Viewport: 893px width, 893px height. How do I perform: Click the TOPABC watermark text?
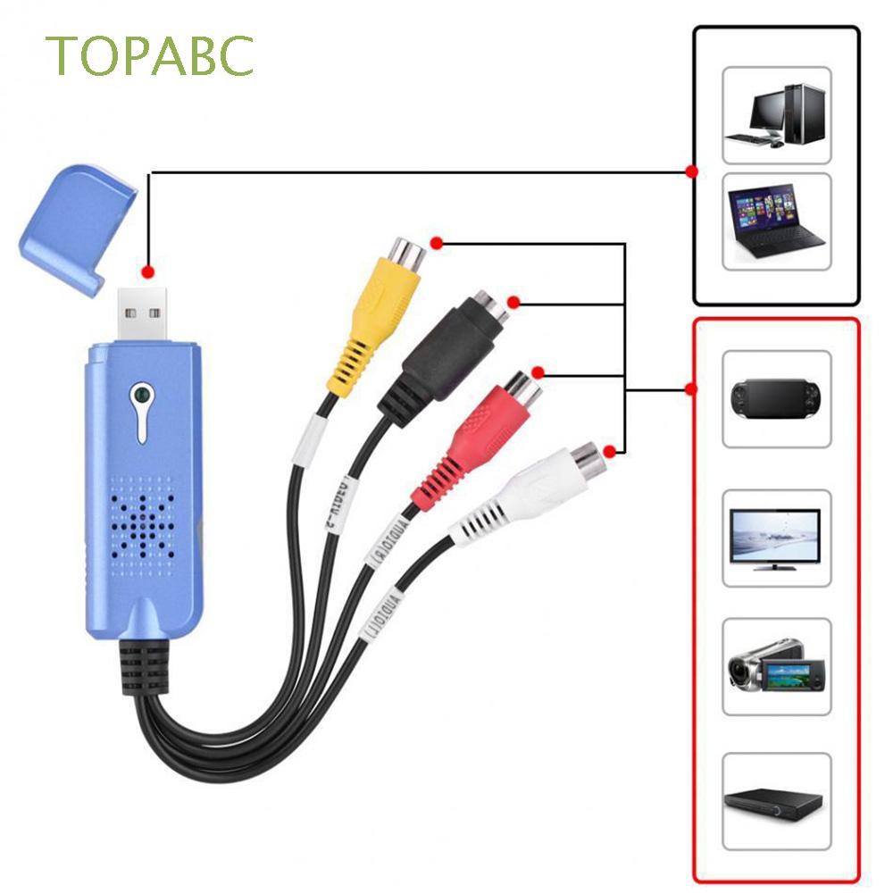point(151,55)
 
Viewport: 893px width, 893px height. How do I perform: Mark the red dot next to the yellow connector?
point(436,243)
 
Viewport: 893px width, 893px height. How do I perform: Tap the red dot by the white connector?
point(610,450)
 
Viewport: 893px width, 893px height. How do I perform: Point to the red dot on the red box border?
point(689,389)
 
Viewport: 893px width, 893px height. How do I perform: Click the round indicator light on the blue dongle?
point(138,394)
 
